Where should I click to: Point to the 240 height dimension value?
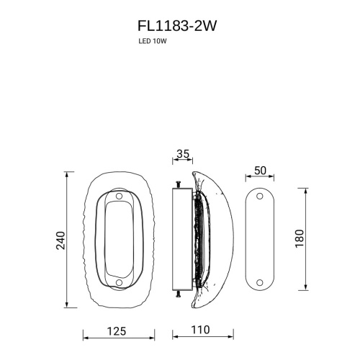[60, 239]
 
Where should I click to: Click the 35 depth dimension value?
[182, 154]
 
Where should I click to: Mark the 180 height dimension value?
[300, 238]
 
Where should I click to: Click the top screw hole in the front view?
[119, 196]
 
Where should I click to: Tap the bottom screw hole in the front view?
[119, 282]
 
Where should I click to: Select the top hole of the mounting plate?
[260, 197]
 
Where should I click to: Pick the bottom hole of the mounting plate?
[260, 282]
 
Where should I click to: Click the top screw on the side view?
[176, 181]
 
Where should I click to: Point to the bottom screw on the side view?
[176, 295]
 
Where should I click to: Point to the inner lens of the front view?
[119, 239]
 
